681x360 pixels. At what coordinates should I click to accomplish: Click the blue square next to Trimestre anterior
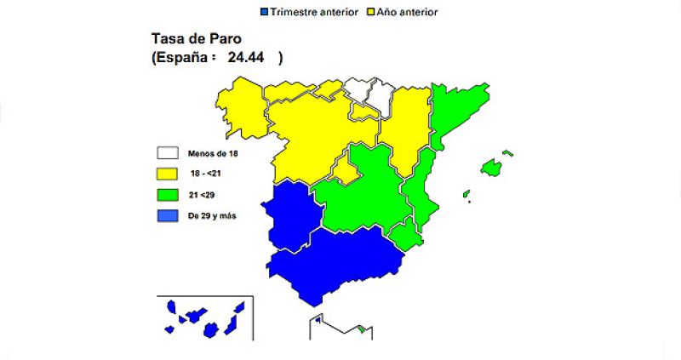click(264, 13)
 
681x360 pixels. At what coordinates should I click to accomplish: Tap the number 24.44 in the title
click(245, 58)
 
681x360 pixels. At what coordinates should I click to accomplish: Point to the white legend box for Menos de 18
click(167, 153)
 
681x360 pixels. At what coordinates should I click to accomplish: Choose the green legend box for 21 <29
click(167, 195)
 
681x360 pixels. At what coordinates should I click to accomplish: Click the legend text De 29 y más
click(212, 216)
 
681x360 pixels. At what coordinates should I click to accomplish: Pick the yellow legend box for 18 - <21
click(167, 174)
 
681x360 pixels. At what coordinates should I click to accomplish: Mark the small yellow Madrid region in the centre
click(345, 170)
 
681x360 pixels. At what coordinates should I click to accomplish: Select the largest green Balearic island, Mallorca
click(490, 167)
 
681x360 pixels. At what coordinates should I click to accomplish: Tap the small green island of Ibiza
click(466, 195)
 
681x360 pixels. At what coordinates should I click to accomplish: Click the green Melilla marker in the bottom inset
click(361, 329)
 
